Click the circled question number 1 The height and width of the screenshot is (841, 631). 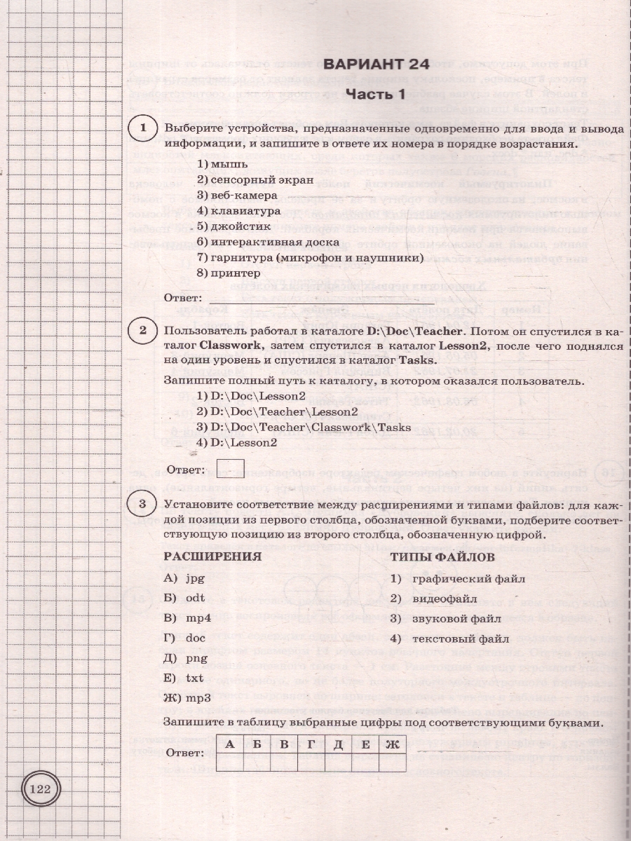[143, 128]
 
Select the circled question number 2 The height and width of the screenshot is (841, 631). [143, 330]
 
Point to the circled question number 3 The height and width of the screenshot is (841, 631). [143, 504]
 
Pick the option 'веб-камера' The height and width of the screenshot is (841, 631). [229, 194]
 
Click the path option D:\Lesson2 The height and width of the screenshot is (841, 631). [237, 442]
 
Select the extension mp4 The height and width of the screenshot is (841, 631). [189, 619]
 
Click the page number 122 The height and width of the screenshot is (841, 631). [41, 789]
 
